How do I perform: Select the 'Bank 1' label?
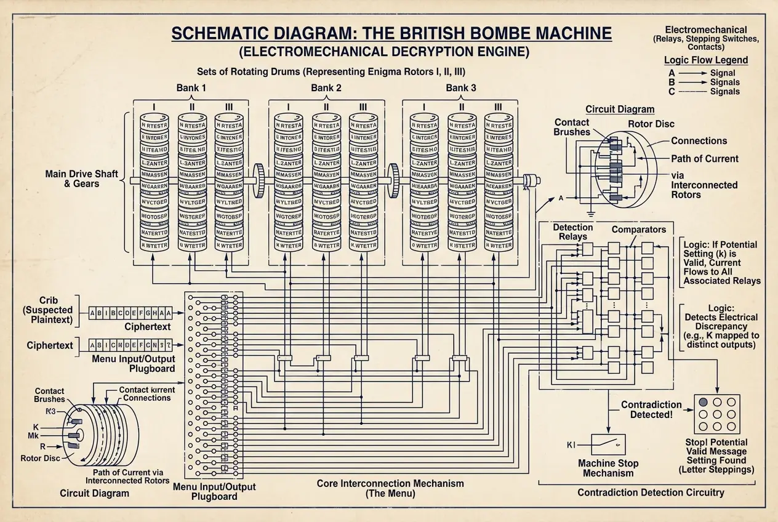pos(191,88)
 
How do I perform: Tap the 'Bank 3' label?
pos(460,88)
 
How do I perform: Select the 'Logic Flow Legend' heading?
pos(706,60)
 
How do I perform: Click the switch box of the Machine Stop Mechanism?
pos(608,444)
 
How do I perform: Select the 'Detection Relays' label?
pos(572,232)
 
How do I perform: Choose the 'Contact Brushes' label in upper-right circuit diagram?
pos(572,127)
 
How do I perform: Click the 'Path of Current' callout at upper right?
pos(704,159)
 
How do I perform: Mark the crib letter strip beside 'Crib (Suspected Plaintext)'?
pos(130,313)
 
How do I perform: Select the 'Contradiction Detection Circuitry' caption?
pos(651,492)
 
